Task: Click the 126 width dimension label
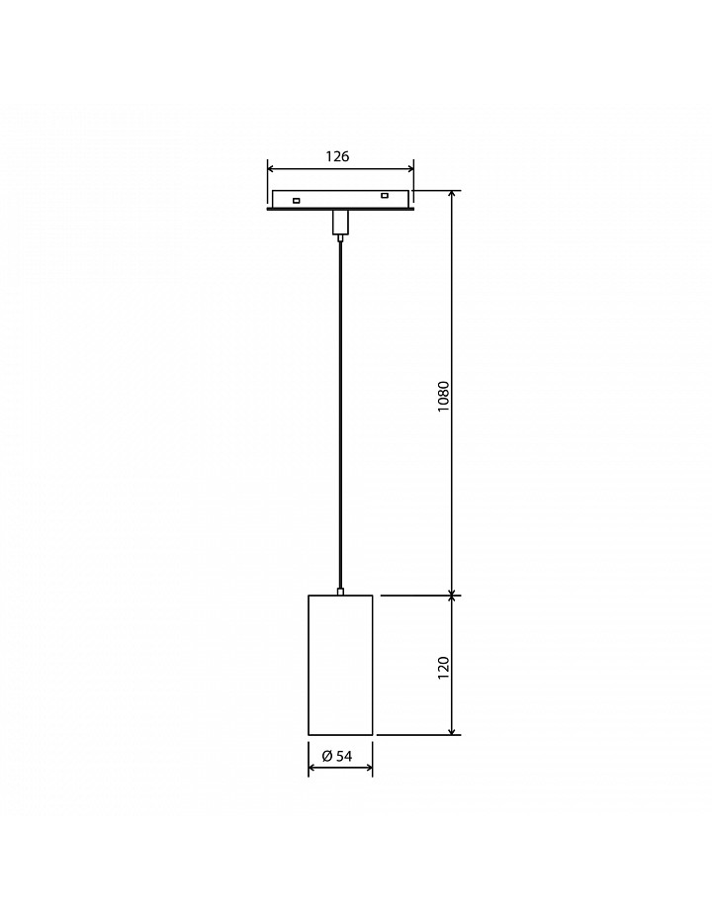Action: click(x=337, y=156)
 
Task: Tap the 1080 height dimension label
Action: click(x=443, y=396)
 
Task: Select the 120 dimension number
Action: click(x=443, y=669)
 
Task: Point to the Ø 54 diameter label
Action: click(x=337, y=757)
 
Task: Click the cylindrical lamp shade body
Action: click(x=340, y=665)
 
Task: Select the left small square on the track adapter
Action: click(x=297, y=201)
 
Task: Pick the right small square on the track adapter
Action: click(x=384, y=196)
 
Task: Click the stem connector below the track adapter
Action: click(x=340, y=223)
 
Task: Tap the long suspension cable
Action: click(x=340, y=414)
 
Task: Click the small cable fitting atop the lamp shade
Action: click(x=340, y=592)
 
